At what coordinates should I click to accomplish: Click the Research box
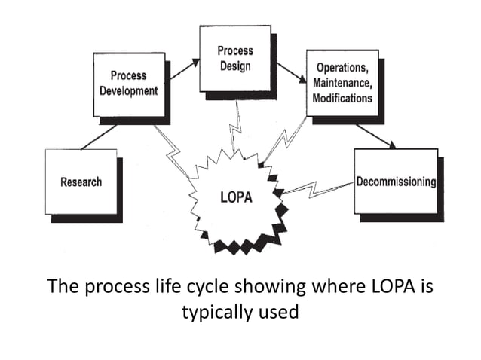point(81,182)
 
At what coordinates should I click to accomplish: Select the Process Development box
point(128,84)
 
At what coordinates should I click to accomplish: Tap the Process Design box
point(234,58)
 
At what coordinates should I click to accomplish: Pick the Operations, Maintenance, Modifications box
point(342,83)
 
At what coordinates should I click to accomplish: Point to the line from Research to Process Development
point(98,137)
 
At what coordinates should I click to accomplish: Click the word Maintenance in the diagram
point(342,84)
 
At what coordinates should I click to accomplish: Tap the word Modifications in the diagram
point(342,99)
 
